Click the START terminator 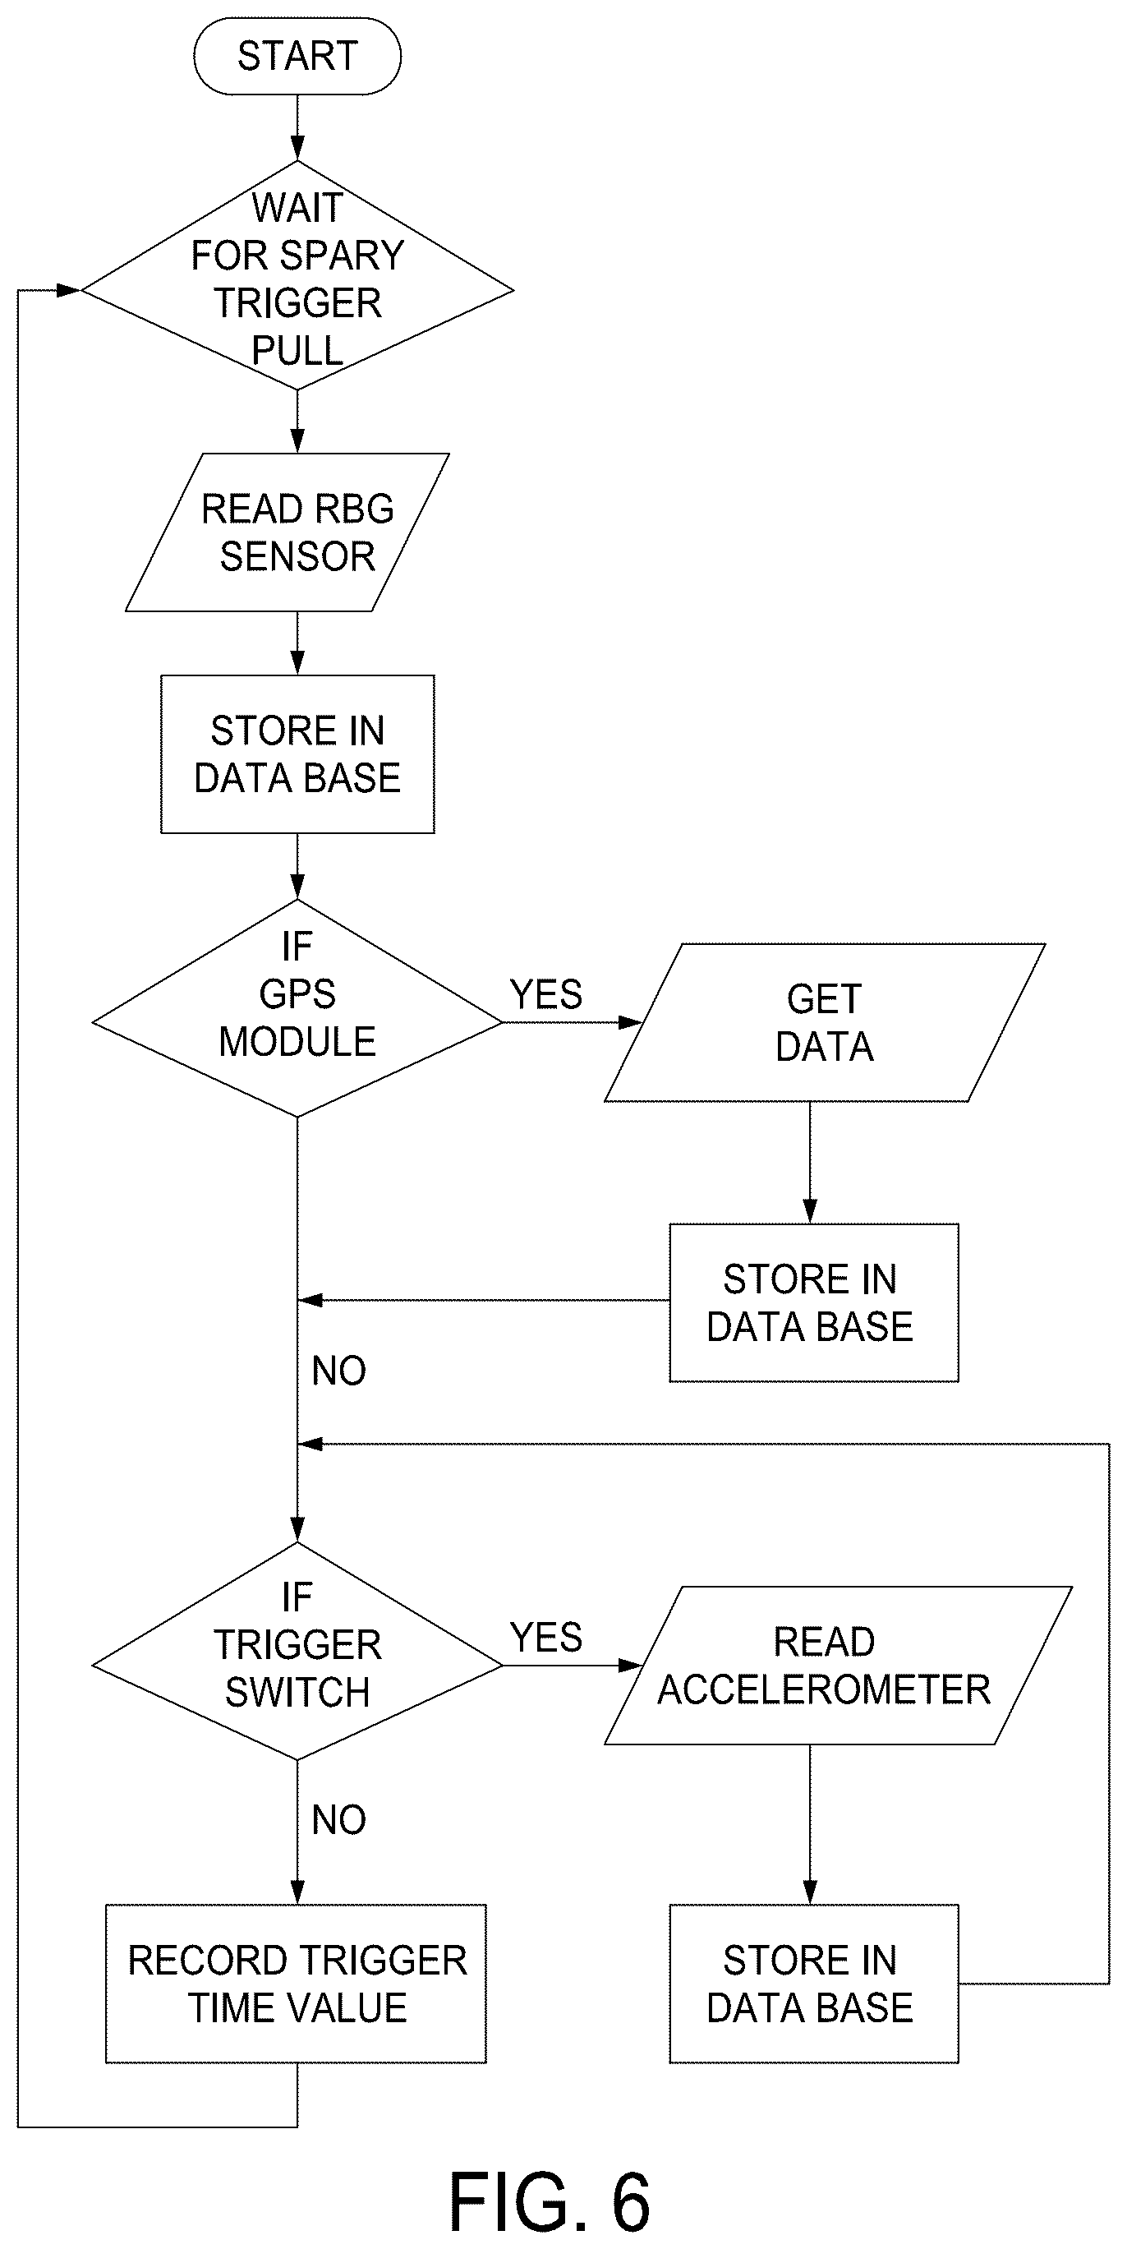point(297,56)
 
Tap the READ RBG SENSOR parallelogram point(287,532)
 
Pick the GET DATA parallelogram point(825,1022)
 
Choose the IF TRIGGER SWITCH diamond point(297,1651)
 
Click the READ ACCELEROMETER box point(838,1666)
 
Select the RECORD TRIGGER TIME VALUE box point(296,1984)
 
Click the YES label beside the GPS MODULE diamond point(545,994)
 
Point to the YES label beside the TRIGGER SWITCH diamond point(545,1638)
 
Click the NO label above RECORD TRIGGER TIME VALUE point(338,1820)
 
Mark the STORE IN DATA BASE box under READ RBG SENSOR point(297,754)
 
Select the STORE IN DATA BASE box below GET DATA point(813,1302)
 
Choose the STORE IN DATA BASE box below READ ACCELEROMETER point(813,1984)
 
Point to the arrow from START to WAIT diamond point(297,127)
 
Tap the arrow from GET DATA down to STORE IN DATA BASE point(810,1163)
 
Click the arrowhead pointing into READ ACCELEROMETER point(630,1666)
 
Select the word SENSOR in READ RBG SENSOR point(297,556)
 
